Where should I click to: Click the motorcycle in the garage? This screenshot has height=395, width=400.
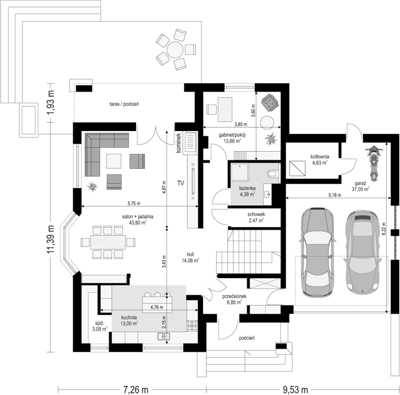click(374, 163)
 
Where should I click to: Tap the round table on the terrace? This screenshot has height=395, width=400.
click(175, 49)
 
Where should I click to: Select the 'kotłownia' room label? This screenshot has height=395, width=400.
click(320, 156)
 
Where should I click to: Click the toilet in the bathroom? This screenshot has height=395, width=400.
click(273, 174)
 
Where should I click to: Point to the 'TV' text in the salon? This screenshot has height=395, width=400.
click(181, 183)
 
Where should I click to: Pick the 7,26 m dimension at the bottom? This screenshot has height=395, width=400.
click(136, 389)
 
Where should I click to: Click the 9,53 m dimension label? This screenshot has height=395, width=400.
click(295, 389)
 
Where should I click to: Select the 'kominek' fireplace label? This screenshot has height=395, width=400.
click(179, 143)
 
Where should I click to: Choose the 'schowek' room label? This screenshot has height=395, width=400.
click(256, 214)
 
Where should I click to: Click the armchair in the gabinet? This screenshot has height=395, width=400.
click(270, 102)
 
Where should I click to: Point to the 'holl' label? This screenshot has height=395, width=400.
click(190, 254)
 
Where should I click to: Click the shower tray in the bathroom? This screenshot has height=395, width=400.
click(239, 172)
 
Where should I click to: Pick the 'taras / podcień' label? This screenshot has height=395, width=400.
click(124, 104)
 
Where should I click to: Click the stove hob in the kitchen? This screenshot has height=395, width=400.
click(192, 325)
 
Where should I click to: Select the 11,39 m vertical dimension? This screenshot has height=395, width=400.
click(51, 239)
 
